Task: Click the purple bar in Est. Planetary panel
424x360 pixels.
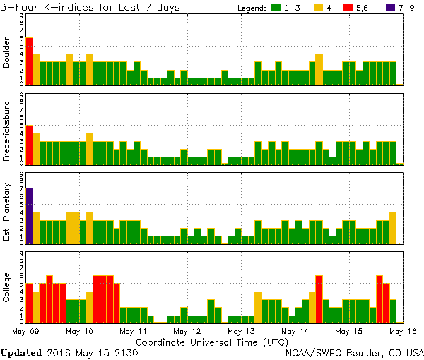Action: coord(30,215)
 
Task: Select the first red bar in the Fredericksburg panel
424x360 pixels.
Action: coord(30,145)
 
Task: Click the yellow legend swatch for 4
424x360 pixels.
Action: coord(318,8)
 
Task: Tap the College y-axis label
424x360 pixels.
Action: coord(8,289)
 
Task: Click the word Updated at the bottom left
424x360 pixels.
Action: coord(22,352)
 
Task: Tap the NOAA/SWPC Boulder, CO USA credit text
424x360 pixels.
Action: coord(354,352)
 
